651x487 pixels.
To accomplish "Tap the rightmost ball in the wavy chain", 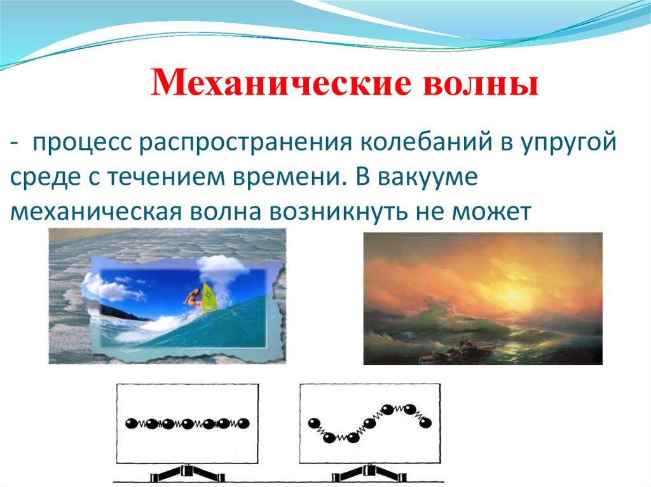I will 425,422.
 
